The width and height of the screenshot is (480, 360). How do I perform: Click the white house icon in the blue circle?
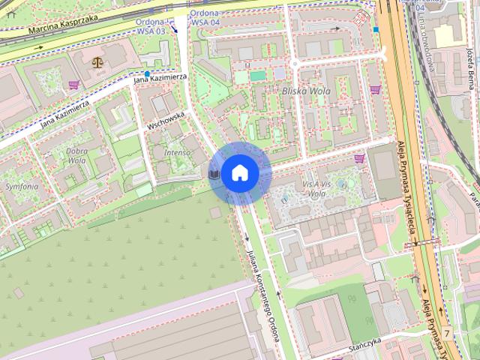(x=239, y=173)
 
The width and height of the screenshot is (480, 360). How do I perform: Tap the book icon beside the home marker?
(x=214, y=174)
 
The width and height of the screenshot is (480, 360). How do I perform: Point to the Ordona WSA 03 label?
(x=152, y=25)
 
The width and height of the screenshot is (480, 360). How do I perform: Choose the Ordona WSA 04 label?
(x=205, y=18)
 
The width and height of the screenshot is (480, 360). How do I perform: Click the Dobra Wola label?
(x=76, y=154)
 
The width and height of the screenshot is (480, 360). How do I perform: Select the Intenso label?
(x=177, y=152)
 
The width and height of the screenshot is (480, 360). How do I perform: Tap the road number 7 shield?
(x=447, y=332)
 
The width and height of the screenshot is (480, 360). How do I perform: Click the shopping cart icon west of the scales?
(x=73, y=85)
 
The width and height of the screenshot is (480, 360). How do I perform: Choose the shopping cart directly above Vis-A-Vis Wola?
(x=359, y=158)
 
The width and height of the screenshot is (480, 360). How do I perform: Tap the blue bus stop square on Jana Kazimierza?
(x=147, y=73)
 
